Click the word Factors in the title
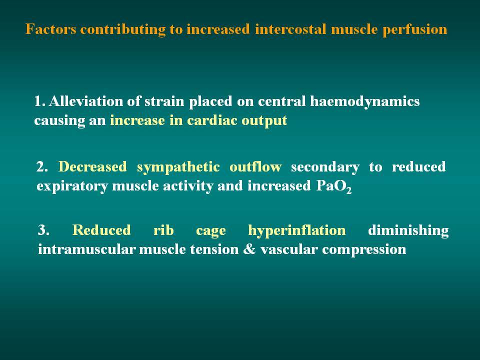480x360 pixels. coord(51,29)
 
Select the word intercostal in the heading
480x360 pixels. coord(290,29)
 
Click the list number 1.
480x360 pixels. coord(39,101)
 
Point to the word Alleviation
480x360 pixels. coord(86,101)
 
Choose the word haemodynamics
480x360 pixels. coord(364,101)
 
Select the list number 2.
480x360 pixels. coord(42,167)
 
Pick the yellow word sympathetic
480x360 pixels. coord(178,167)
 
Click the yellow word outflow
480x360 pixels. coord(255,167)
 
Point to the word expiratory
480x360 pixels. coord(72,186)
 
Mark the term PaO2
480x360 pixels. coord(333,186)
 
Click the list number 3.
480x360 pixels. coord(43,230)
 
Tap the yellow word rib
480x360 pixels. coord(163,230)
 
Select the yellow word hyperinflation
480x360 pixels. coord(297,230)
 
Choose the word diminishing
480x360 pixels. coord(408,230)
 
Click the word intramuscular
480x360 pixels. coord(86,249)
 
